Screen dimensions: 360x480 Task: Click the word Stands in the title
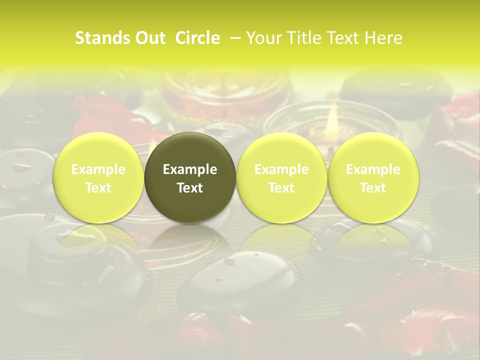[102, 38]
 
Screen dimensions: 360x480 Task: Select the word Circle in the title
[197, 38]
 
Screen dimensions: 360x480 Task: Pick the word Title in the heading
[305, 38]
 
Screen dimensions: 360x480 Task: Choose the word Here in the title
[383, 38]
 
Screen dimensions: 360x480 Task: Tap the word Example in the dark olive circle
[190, 169]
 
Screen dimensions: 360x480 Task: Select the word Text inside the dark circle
[190, 187]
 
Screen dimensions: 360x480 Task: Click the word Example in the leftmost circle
[98, 169]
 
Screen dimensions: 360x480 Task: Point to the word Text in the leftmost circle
[98, 187]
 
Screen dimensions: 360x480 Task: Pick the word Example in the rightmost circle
[373, 169]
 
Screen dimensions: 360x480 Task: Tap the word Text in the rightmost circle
[373, 187]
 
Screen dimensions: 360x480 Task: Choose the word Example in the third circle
[281, 169]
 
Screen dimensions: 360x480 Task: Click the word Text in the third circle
[281, 187]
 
